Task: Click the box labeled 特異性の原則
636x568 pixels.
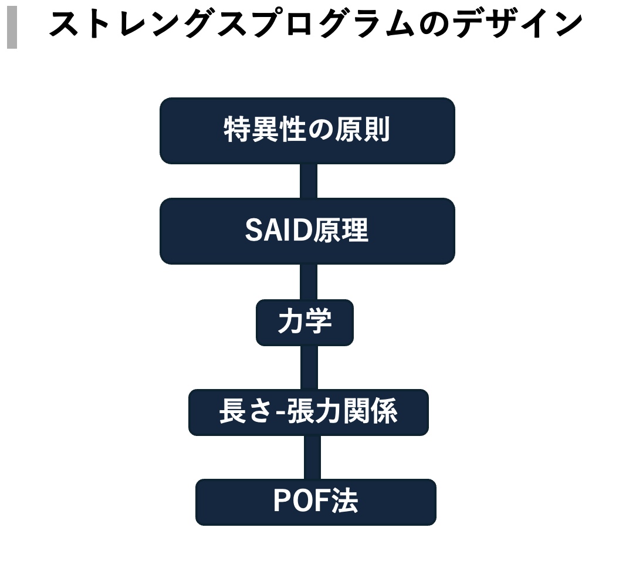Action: [307, 130]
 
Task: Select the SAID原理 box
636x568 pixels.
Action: [307, 231]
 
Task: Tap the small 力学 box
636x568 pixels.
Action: [305, 322]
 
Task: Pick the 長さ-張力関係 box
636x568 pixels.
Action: [308, 412]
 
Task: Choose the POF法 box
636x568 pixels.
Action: [316, 502]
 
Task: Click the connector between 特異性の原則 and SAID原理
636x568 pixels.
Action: [308, 181]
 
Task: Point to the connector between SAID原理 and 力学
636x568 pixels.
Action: [308, 282]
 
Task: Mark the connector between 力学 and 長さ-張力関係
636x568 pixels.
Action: [309, 367]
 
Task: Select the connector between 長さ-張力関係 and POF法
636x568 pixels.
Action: [312, 457]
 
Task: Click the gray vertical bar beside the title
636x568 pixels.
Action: [12, 28]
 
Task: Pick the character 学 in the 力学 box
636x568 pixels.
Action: [319, 322]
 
